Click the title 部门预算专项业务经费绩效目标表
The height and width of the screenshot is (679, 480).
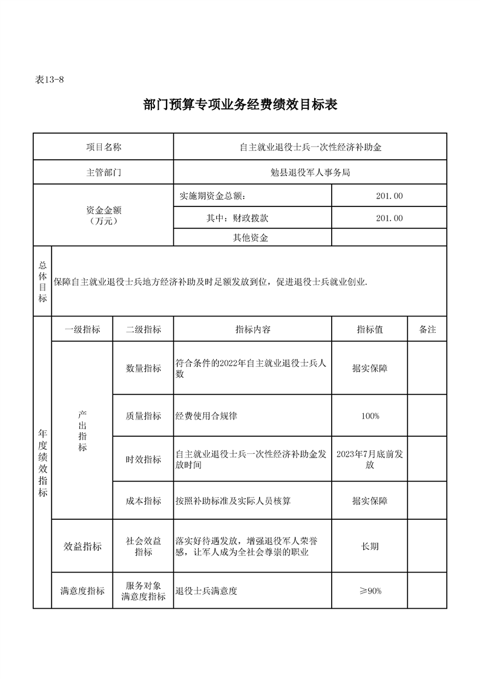click(x=240, y=105)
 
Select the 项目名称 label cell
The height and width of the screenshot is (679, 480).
click(x=104, y=147)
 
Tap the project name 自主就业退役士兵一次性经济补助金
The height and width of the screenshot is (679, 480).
click(x=310, y=147)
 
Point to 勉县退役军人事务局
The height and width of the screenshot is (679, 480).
click(x=310, y=172)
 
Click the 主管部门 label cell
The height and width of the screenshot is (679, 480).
click(x=104, y=172)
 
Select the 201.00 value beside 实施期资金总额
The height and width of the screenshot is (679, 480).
click(x=389, y=195)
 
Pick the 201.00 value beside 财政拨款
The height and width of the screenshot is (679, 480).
click(x=389, y=218)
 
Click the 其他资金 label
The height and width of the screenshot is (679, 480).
click(x=251, y=238)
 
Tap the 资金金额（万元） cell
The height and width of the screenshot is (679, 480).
click(x=104, y=215)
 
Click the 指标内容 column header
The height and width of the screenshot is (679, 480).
click(x=252, y=329)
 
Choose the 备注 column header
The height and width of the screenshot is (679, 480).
click(x=427, y=329)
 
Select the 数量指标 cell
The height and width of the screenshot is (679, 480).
click(x=143, y=368)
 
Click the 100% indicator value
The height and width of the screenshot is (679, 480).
click(x=370, y=416)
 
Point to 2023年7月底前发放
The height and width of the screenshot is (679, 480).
click(x=370, y=459)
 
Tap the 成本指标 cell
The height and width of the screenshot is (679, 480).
click(x=143, y=501)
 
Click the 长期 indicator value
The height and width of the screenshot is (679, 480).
click(x=370, y=546)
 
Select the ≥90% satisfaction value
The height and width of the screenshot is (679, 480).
click(x=370, y=591)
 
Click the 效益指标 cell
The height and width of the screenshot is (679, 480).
click(x=83, y=546)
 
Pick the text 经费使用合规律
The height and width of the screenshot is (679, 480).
click(x=206, y=416)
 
